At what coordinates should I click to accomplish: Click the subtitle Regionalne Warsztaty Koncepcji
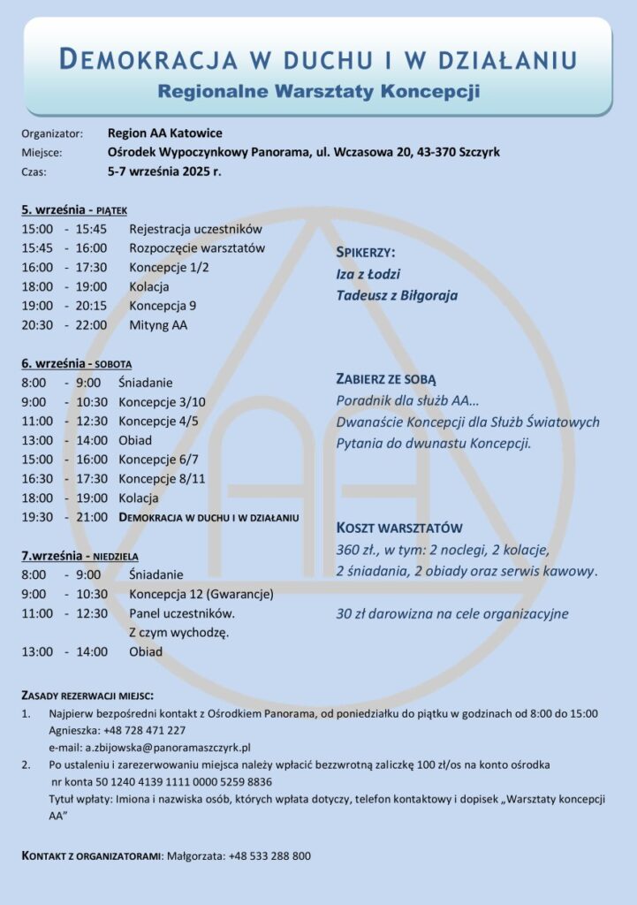[x=318, y=90]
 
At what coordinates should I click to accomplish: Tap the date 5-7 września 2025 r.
[x=164, y=171]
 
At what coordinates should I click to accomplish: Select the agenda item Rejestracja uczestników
[x=196, y=229]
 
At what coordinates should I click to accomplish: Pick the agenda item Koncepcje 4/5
[x=158, y=421]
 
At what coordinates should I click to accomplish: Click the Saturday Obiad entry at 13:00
[x=135, y=440]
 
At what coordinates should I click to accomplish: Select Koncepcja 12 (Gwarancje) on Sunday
[x=201, y=593]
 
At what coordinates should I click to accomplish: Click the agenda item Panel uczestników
[x=182, y=612]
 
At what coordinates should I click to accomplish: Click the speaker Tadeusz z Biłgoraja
[x=397, y=295]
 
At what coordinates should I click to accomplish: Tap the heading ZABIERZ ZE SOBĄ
[x=386, y=378]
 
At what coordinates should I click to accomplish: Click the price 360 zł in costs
[x=354, y=551]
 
